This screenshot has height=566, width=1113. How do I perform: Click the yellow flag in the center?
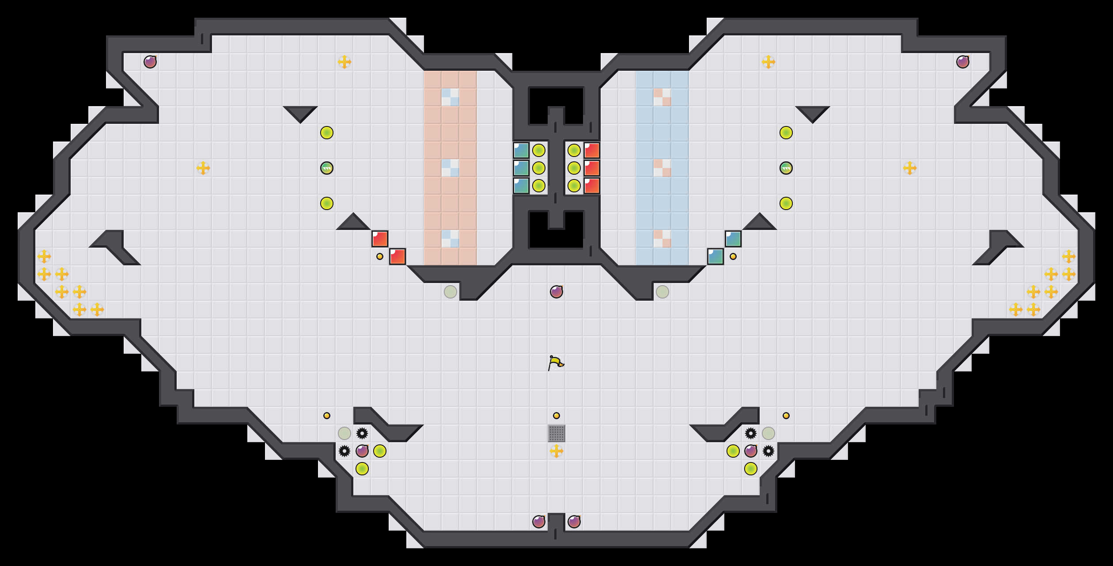[x=556, y=363]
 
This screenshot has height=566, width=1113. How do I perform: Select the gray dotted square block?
[x=556, y=433]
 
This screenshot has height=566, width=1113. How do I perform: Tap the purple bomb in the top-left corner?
[x=150, y=62]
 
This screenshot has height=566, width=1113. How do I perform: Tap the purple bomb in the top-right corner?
[x=963, y=62]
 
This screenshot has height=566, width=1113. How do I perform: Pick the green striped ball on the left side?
[x=327, y=168]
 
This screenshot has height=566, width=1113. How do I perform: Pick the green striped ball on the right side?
[x=786, y=168]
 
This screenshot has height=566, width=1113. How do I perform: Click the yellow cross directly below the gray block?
[x=556, y=451]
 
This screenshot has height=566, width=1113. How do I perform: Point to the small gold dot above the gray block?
[x=556, y=416]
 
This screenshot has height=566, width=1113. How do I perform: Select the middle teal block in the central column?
[x=521, y=168]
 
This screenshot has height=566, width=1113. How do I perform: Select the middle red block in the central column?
[x=592, y=168]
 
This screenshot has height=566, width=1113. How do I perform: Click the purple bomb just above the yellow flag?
[x=556, y=292]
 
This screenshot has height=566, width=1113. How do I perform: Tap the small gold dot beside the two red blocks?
[x=380, y=256]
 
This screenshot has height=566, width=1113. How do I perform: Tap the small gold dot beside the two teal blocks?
[x=733, y=256]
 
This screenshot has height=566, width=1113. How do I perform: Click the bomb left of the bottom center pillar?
[x=539, y=522]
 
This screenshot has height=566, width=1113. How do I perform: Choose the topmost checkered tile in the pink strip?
[x=450, y=97]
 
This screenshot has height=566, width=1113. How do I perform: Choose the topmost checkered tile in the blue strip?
[x=662, y=97]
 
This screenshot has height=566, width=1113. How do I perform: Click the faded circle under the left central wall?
[x=450, y=292]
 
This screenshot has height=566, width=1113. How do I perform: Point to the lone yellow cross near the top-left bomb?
[x=344, y=62]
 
